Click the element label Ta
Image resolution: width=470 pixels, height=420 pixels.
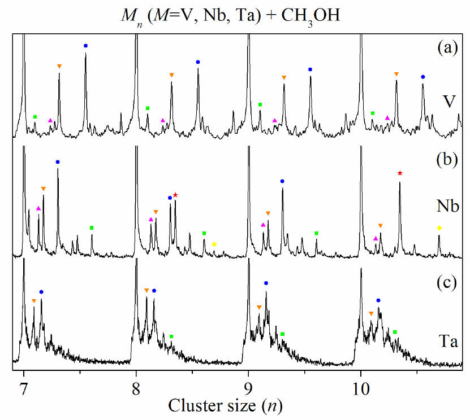click(x=448, y=340)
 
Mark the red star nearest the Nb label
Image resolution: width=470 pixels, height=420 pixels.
click(x=400, y=173)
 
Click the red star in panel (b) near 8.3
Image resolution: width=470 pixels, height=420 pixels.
click(x=175, y=195)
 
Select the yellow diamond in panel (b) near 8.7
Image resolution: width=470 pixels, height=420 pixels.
click(x=214, y=244)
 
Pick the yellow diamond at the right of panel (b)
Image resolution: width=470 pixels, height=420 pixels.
click(x=439, y=228)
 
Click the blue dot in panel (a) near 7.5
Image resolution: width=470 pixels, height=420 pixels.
click(x=85, y=45)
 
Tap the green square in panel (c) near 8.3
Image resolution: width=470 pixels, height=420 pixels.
click(x=171, y=336)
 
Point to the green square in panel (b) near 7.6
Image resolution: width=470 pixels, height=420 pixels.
click(x=92, y=228)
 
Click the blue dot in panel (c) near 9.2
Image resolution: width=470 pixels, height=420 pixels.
click(x=266, y=283)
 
